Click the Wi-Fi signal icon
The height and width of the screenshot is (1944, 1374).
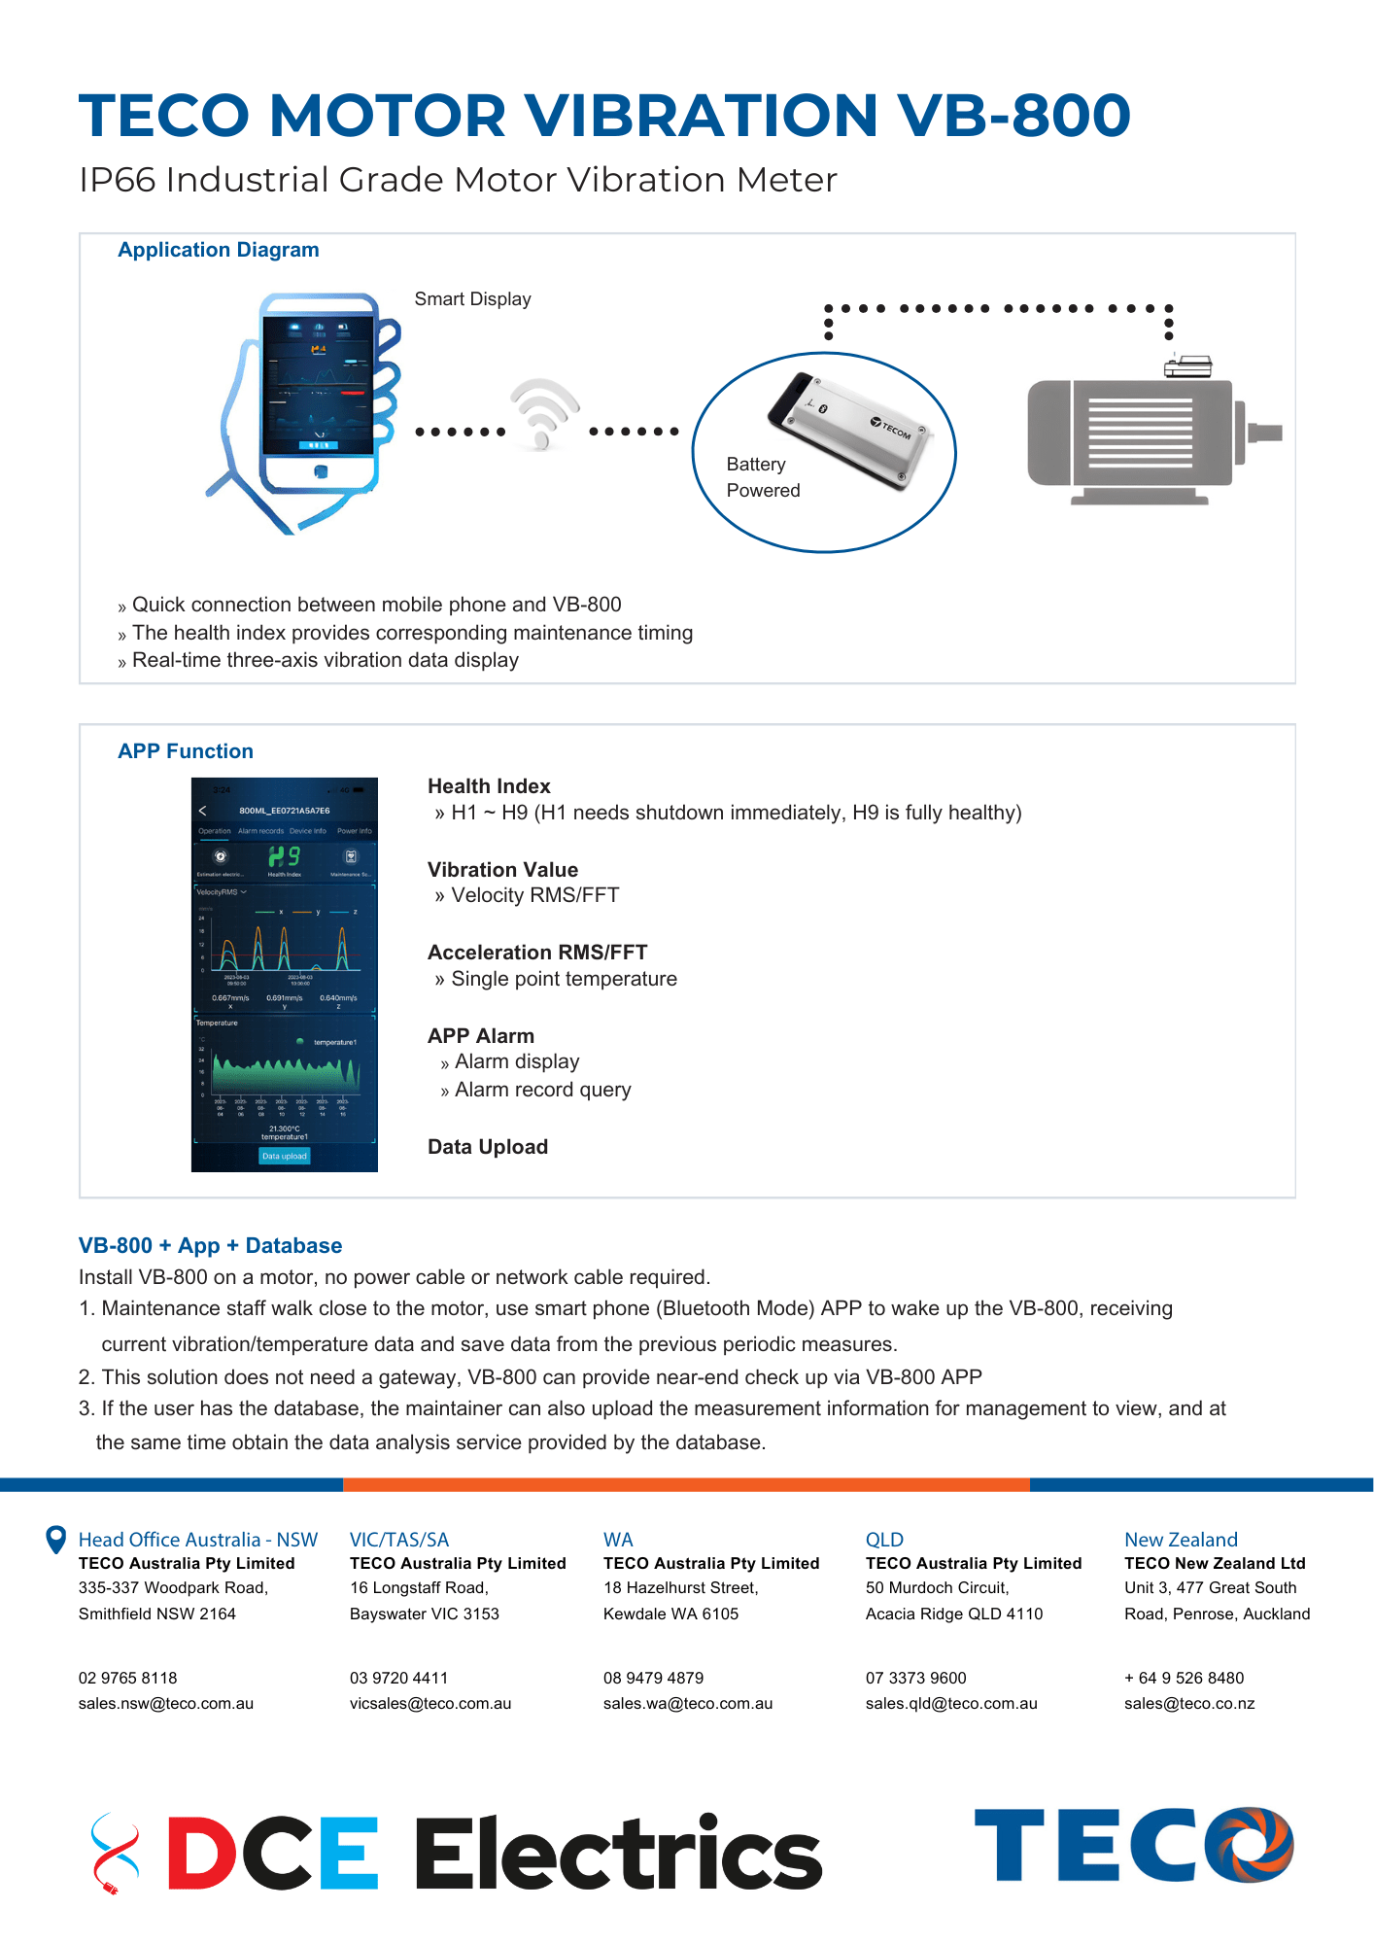click(543, 413)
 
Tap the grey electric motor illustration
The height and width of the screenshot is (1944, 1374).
click(1147, 437)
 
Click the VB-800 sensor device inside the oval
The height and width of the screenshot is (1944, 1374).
click(850, 429)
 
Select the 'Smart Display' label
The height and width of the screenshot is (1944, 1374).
click(472, 299)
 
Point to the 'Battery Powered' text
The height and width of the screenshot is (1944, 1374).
click(763, 477)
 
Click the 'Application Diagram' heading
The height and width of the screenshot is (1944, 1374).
click(219, 250)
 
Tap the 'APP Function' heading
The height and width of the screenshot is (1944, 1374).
click(186, 751)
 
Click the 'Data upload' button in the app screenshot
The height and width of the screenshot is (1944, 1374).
click(284, 1156)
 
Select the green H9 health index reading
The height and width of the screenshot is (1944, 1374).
click(284, 856)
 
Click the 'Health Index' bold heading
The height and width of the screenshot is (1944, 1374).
click(489, 786)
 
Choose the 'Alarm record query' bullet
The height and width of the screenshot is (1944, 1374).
click(542, 1090)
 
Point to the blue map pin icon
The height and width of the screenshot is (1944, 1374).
click(56, 1540)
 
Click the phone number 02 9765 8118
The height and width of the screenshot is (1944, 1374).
click(128, 1678)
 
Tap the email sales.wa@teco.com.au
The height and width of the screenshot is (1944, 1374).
click(688, 1703)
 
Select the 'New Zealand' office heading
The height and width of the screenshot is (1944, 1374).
click(1181, 1540)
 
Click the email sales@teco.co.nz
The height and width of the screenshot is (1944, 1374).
click(1189, 1703)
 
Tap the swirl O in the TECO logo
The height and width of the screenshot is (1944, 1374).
click(1250, 1844)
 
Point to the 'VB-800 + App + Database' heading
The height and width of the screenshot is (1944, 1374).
click(210, 1246)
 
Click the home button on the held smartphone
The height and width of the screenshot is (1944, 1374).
click(320, 471)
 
